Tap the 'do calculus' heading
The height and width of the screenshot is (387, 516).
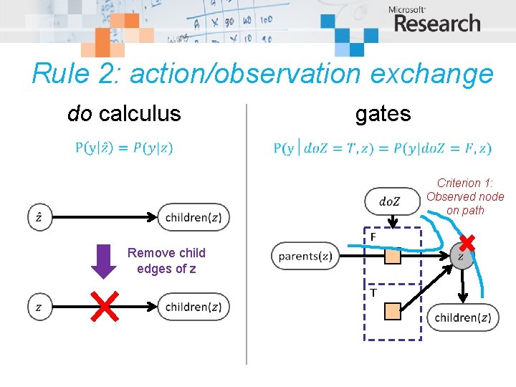pos(124,113)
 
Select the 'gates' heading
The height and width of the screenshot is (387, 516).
pos(383,113)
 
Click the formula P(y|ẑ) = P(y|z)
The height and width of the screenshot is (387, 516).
pos(124,148)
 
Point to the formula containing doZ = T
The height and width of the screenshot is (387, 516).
pos(382,148)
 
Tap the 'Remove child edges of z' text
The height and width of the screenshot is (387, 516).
pos(166,261)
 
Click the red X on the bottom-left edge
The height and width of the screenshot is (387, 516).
pos(104,307)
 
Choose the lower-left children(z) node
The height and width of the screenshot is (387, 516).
pos(193,307)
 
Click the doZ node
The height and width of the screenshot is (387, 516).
pos(391,201)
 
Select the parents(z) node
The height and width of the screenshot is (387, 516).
pos(305,257)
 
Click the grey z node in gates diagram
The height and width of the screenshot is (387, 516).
pos(462,257)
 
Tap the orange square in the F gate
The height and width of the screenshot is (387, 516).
pos(392,257)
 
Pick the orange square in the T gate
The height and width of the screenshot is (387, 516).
pos(392,310)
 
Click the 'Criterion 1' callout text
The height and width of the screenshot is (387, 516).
pos(465,196)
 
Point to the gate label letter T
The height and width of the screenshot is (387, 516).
pos(374,292)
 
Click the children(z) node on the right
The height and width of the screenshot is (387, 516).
pos(463,317)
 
